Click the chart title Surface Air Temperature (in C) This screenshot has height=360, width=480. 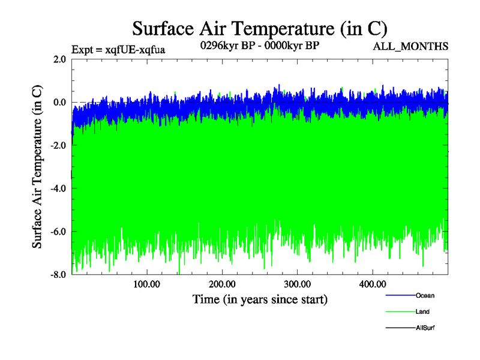pos(259,28)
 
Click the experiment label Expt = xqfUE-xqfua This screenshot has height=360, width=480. pos(118,49)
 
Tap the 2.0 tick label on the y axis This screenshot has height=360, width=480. pos(59,59)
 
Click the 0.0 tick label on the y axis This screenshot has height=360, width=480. pos(59,103)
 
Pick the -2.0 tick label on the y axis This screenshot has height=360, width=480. pos(58,146)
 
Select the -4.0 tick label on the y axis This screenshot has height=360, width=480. pos(58,188)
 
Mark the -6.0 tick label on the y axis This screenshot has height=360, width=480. pos(58,232)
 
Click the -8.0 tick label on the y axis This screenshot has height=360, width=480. pos(58,275)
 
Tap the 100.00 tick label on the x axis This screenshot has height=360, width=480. pos(146,284)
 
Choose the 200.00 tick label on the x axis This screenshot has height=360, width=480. pos(222,284)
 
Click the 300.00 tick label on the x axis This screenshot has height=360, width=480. pos(297,284)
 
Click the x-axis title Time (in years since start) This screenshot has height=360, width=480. pos(260,299)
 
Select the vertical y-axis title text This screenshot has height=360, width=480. pos(37,167)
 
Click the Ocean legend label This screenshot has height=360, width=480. pos(425,296)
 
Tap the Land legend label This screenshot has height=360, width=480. pos(422,312)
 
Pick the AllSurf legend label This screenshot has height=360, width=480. pos(425,328)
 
